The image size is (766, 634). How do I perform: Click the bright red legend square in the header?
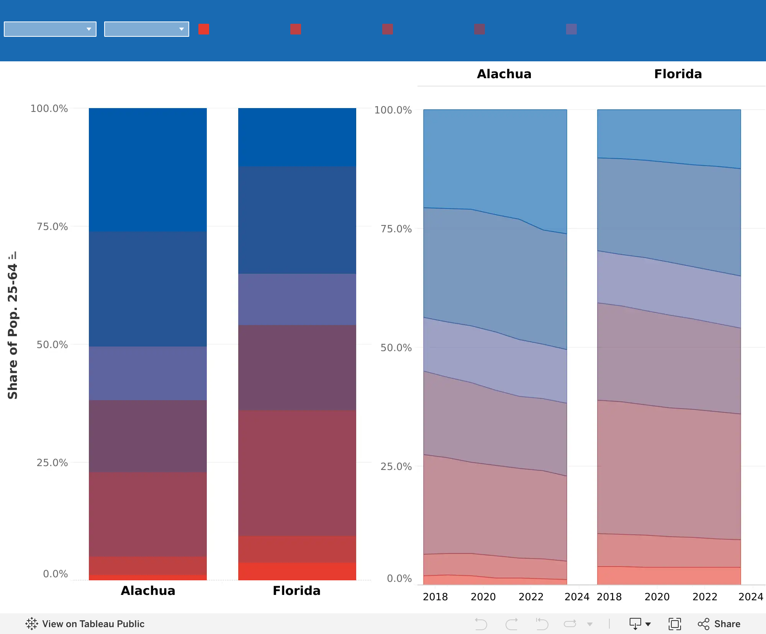[204, 29]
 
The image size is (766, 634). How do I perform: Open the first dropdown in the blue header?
[50, 29]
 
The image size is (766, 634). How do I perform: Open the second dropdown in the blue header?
[147, 29]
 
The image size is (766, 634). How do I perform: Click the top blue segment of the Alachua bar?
[148, 170]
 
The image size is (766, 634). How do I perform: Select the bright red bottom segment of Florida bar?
[297, 572]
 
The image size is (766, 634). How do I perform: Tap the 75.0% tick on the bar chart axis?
[52, 227]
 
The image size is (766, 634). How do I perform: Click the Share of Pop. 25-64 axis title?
[13, 332]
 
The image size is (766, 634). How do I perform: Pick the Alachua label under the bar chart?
[148, 591]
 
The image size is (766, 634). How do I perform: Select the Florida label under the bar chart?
[297, 591]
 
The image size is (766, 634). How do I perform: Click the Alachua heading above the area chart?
[504, 74]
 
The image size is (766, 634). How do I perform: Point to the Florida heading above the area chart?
[678, 74]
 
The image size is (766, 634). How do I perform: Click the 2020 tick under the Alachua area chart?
[483, 597]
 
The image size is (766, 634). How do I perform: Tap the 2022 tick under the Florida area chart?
[705, 597]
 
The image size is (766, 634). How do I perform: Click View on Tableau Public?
[85, 624]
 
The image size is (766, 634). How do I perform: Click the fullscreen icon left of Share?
[674, 624]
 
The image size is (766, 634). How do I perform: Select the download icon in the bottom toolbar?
[636, 624]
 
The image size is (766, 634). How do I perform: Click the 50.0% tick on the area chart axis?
[396, 348]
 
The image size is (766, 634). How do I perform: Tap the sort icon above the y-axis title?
[13, 255]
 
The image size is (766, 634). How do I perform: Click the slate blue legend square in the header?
[571, 29]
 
